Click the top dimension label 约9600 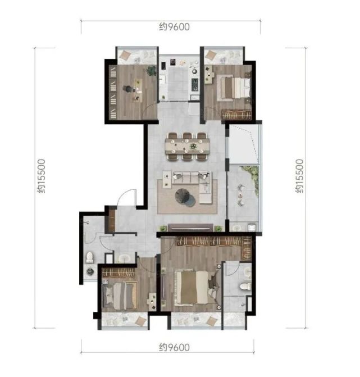coord(174,27)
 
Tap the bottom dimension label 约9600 coord(174,347)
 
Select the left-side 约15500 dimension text coord(41,176)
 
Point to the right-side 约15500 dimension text coord(299,176)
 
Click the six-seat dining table coord(187,146)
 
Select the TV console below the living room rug coord(190,228)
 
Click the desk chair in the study coord(127,88)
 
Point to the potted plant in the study coord(151,71)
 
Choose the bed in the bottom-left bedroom coord(120,296)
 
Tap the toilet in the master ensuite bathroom coord(245,286)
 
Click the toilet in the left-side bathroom coord(89,257)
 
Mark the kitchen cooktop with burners coord(195,85)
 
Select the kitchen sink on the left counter coord(162,79)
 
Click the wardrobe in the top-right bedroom coord(236,115)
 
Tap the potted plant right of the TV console coord(218,228)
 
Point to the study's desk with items coord(138,90)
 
